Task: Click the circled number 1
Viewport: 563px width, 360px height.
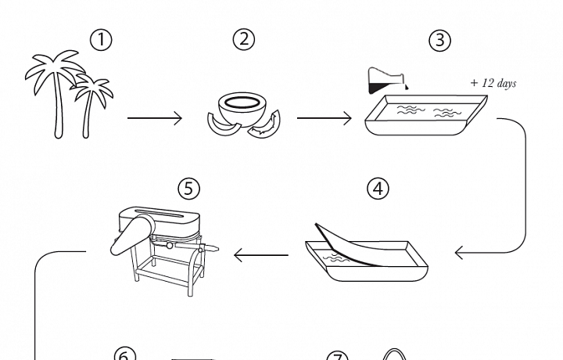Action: pyautogui.click(x=101, y=40)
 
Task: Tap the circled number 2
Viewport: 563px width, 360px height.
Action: pyautogui.click(x=244, y=40)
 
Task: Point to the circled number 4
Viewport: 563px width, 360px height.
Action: pyautogui.click(x=378, y=189)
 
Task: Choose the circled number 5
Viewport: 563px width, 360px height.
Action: pyautogui.click(x=188, y=189)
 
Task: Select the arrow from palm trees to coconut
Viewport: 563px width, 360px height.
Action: pyautogui.click(x=154, y=119)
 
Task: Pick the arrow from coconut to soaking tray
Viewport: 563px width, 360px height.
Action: pyautogui.click(x=324, y=119)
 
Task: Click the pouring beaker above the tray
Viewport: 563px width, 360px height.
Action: pyautogui.click(x=386, y=80)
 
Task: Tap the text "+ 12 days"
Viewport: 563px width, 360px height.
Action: pyautogui.click(x=493, y=84)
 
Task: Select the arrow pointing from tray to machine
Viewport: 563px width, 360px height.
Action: pyautogui.click(x=261, y=254)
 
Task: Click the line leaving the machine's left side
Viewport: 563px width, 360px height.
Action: pyautogui.click(x=59, y=252)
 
